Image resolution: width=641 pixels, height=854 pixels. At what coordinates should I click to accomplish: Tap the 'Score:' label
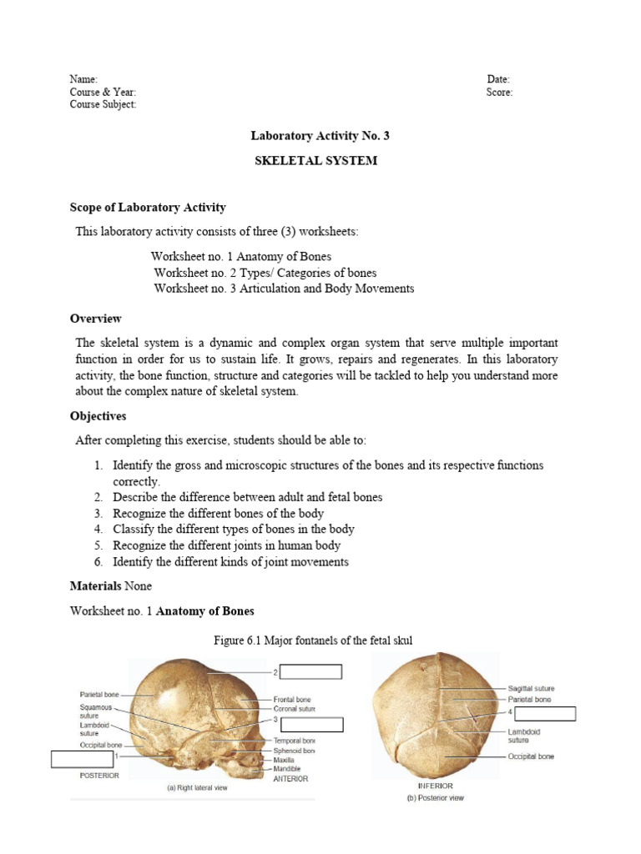[x=499, y=93]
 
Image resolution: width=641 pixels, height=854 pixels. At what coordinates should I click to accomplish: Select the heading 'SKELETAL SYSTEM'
[x=315, y=160]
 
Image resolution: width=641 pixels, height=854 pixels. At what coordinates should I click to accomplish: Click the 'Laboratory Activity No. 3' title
[x=315, y=135]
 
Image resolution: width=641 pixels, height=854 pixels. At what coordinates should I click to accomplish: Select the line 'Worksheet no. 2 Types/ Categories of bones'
[x=265, y=273]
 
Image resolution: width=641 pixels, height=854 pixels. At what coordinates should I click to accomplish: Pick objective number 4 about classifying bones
[x=233, y=529]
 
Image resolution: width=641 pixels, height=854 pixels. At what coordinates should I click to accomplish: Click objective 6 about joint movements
[x=230, y=562]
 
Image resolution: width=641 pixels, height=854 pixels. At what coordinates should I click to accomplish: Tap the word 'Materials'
[x=95, y=586]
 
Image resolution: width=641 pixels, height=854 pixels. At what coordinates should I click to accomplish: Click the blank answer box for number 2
[x=310, y=672]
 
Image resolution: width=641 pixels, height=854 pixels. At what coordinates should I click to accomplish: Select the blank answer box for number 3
[x=310, y=724]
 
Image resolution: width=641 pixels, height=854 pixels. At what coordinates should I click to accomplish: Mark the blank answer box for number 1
[x=83, y=759]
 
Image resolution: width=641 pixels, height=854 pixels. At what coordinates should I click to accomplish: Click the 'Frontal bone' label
[x=292, y=699]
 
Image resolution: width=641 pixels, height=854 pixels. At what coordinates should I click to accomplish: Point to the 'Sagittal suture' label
[x=531, y=688]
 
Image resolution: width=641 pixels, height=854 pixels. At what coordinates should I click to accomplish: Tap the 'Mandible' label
[x=288, y=769]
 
